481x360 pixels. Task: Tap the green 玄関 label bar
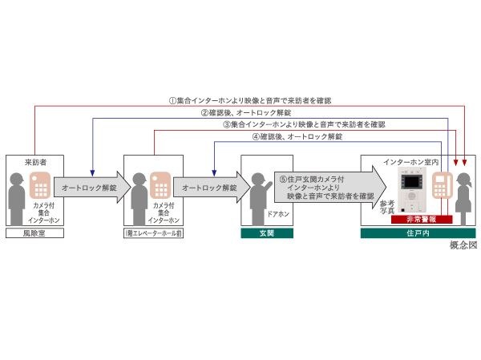click(267, 233)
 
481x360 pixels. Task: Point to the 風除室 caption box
click(34, 233)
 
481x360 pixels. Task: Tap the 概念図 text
click(463, 245)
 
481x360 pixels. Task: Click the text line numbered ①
click(249, 101)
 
